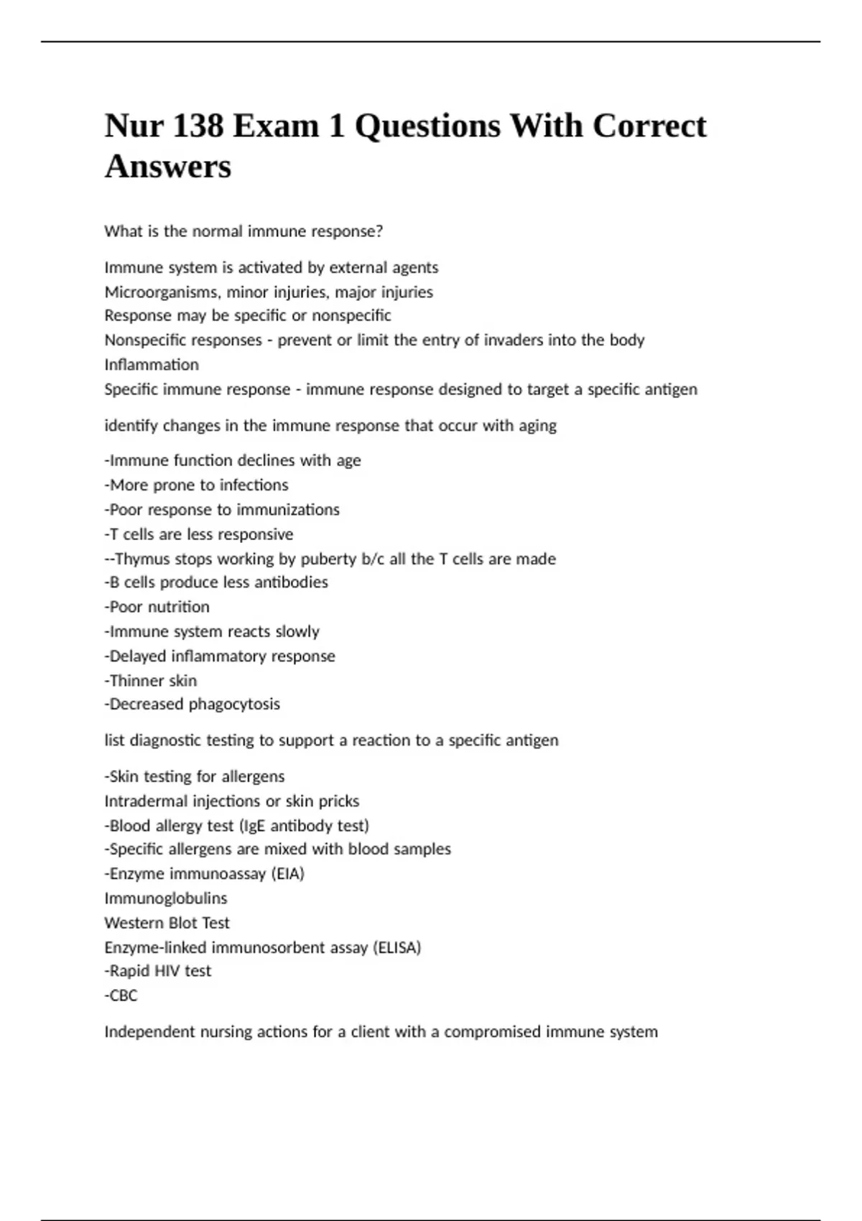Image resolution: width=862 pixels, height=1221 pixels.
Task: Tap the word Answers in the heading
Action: [168, 167]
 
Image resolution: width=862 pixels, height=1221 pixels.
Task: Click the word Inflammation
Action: [152, 365]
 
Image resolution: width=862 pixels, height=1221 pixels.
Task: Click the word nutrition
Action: [178, 607]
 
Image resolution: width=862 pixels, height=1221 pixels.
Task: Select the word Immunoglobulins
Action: [165, 899]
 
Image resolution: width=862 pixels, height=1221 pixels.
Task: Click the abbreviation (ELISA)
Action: [397, 948]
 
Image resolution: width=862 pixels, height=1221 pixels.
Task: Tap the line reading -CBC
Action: [121, 995]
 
